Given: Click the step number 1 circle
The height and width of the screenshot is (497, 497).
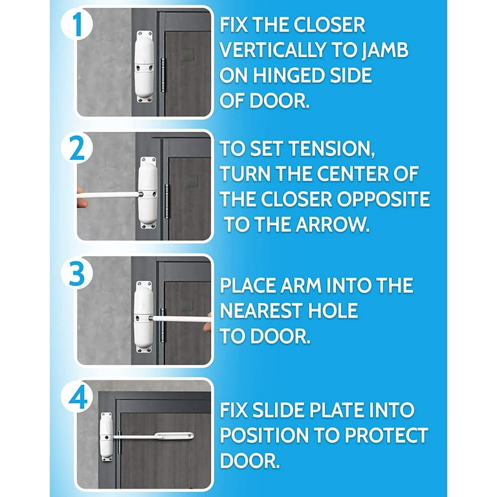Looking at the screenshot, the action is coord(77,25).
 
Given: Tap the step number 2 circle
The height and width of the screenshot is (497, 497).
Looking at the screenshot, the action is coord(77,148).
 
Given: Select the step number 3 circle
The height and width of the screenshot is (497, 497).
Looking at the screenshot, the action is coord(77,272).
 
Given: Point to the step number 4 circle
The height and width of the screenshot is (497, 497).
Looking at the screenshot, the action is coord(77,397).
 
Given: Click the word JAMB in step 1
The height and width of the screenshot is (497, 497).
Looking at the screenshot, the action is coord(385,50).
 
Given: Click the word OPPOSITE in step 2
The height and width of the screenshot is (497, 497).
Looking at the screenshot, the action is coord(383,199).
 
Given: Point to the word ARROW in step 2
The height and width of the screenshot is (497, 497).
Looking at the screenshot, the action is coord(333,225).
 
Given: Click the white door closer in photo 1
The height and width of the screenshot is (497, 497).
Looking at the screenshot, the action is coord(144,67).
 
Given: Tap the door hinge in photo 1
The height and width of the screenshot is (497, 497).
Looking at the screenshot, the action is coord(163,75).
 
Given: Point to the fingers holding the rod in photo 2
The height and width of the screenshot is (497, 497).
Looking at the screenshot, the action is coord(81,197).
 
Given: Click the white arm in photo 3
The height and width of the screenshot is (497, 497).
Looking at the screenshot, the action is coord(181,318).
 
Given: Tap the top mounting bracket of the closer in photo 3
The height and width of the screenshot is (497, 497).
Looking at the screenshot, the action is coord(144,284).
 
